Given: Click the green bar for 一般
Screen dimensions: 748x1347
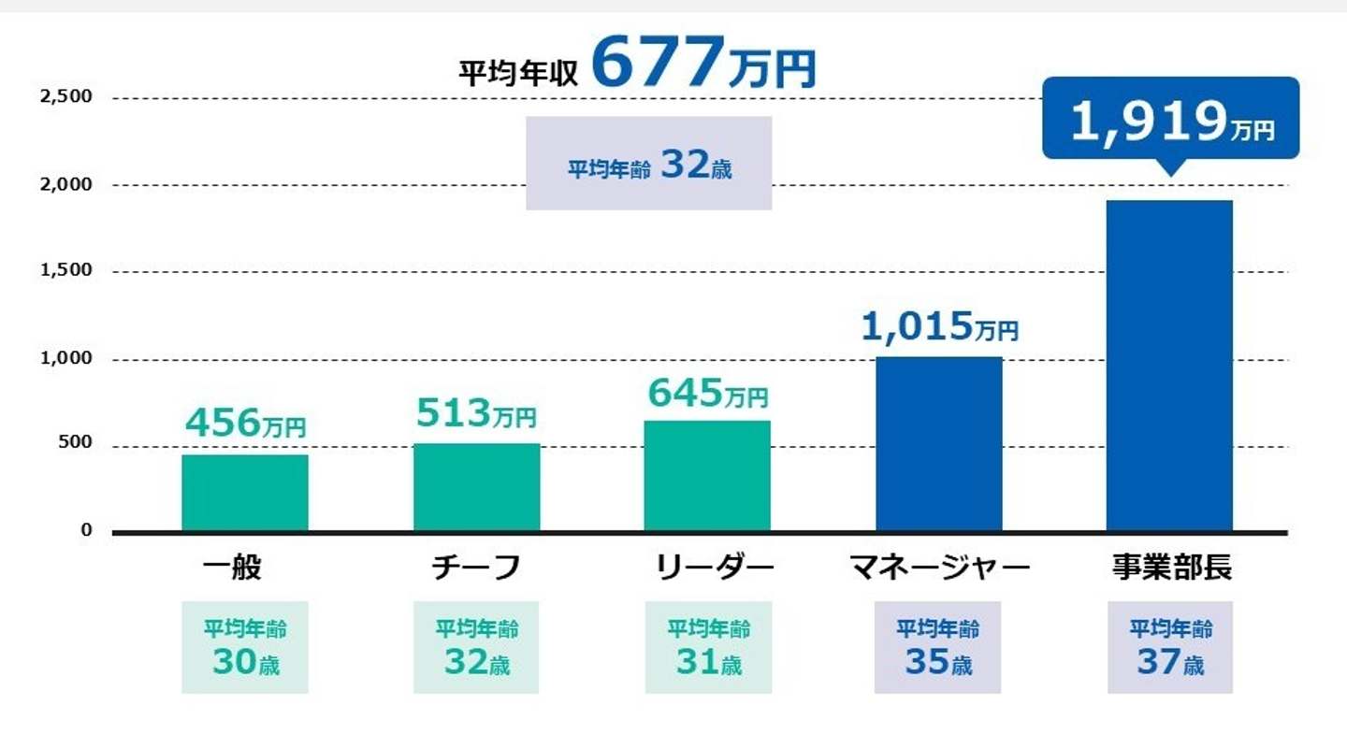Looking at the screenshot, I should tap(245, 493).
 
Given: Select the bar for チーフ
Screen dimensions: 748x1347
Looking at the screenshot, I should tap(476, 487).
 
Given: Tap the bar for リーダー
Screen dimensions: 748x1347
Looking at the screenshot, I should tap(707, 476).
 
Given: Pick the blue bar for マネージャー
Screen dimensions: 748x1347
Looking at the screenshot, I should tap(939, 444).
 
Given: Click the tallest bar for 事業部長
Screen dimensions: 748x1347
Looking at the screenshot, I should tap(1169, 367).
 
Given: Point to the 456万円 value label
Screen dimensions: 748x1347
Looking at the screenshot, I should tap(245, 424).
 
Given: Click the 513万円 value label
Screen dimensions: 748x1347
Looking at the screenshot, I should tap(476, 412).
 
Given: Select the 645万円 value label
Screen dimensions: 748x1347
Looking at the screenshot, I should tap(707, 394).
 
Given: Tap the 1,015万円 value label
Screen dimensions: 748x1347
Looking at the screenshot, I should tap(939, 326).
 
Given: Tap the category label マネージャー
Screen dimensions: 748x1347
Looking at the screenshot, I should tap(939, 568).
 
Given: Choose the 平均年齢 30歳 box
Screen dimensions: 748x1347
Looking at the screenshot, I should tap(245, 647).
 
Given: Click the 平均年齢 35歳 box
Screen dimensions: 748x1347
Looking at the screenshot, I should tap(938, 647).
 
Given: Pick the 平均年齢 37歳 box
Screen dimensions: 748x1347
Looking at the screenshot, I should tap(1170, 647).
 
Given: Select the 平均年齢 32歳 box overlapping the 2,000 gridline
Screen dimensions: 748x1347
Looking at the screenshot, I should tap(649, 165).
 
